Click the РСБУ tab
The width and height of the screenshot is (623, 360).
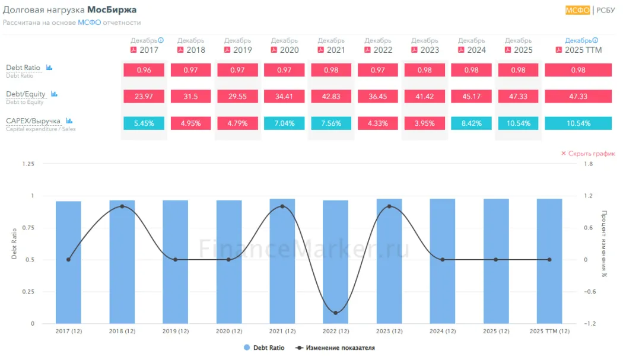pyautogui.click(x=606, y=10)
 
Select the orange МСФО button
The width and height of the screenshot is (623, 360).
pyautogui.click(x=577, y=10)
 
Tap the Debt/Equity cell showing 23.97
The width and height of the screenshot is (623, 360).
pyautogui.click(x=144, y=96)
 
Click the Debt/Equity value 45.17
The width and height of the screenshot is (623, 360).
pyautogui.click(x=472, y=96)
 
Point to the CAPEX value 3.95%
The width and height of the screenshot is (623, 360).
pyautogui.click(x=425, y=123)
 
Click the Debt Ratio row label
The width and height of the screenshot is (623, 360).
pyautogui.click(x=23, y=68)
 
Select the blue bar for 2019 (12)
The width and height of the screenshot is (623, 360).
pyautogui.click(x=175, y=262)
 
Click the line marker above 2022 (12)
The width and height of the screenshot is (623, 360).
pyautogui.click(x=335, y=313)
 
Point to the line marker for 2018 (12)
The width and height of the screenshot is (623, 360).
pyautogui.click(x=122, y=206)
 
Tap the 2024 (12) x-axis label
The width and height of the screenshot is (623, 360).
pyautogui.click(x=442, y=331)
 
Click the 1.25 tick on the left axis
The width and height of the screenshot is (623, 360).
pyautogui.click(x=27, y=164)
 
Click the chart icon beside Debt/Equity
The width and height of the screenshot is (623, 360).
pyautogui.click(x=54, y=94)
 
